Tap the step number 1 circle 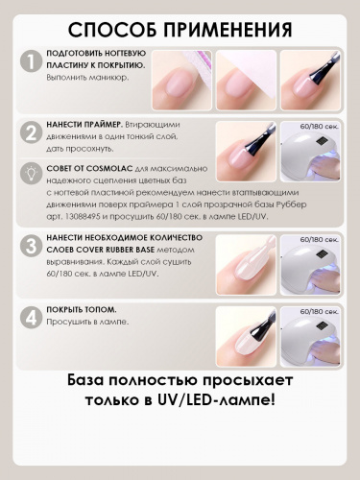tap(33, 64)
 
